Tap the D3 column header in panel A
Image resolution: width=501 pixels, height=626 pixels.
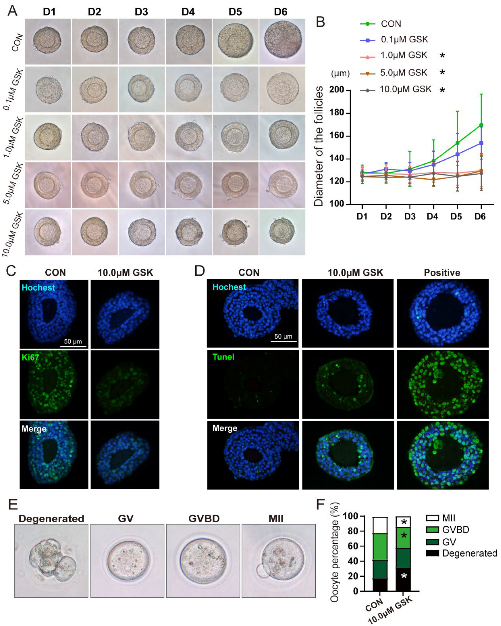[141, 12]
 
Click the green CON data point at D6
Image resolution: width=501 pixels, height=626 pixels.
[481, 125]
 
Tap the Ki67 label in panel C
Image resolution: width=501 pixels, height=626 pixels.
[30, 357]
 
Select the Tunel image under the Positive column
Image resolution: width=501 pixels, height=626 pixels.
[443, 384]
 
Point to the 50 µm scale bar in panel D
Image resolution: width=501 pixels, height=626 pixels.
[283, 341]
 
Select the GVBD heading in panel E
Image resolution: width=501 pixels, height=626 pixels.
[204, 518]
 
